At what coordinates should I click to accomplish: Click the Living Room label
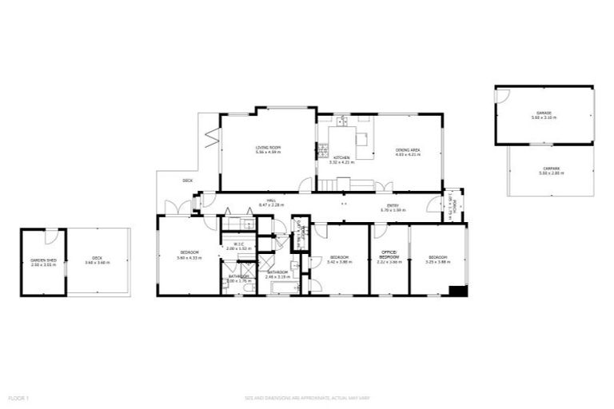267,148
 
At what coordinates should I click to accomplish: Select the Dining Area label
408,150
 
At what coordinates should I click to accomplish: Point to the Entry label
393,206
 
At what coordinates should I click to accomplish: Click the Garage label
544,113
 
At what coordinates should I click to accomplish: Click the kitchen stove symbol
323,149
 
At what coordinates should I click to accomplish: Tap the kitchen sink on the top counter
341,122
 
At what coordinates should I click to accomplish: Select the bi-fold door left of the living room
212,136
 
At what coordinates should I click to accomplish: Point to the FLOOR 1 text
18,396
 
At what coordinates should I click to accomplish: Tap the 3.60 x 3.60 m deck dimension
97,261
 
